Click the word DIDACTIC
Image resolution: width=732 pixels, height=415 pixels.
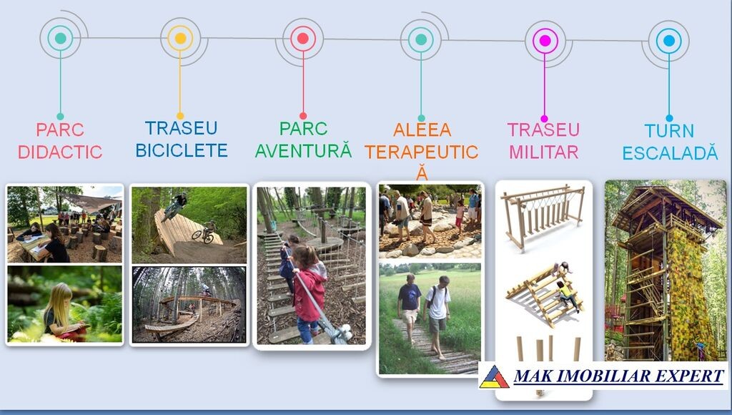60,152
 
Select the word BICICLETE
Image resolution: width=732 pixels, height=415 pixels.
182,150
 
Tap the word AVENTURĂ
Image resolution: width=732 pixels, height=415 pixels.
303,150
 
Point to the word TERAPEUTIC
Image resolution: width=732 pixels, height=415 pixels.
422,152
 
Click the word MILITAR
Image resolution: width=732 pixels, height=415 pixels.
543,152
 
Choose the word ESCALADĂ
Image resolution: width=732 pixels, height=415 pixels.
669,152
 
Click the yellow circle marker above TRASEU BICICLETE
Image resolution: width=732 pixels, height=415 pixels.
180,39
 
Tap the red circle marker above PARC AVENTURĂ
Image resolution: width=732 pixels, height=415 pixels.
303,39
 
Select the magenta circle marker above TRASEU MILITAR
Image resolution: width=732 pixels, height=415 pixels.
545,41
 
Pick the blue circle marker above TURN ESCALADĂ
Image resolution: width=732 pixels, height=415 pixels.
668,41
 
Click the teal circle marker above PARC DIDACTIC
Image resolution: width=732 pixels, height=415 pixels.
60,39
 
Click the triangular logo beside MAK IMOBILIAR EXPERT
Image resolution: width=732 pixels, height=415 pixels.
494,376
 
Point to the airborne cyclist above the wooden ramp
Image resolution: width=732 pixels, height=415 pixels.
174,205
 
